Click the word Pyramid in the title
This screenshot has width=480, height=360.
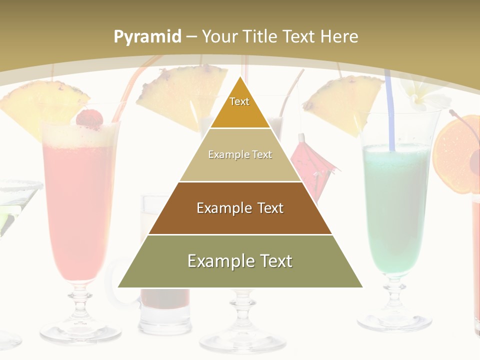point(147,36)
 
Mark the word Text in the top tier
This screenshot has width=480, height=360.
point(239,101)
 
